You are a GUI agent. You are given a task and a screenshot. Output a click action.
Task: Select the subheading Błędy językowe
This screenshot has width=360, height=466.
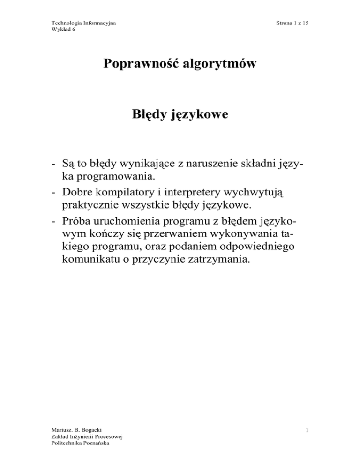180,114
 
